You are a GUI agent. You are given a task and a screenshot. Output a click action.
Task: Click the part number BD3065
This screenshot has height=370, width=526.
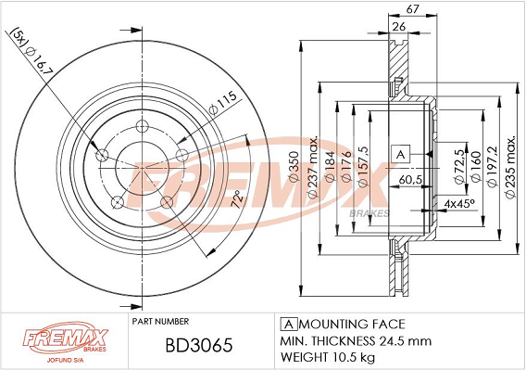pos(199,345)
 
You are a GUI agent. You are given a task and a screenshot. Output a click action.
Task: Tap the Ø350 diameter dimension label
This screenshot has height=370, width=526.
pos(294,167)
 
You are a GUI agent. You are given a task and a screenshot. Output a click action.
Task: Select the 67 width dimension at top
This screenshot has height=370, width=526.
pos(413,9)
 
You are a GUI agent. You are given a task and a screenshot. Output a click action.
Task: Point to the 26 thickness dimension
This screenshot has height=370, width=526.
pos(398,26)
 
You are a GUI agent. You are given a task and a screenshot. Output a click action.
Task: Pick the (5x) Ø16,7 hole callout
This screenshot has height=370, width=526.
pos(31,54)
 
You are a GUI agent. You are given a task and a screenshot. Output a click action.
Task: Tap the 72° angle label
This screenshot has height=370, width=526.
pos(237,199)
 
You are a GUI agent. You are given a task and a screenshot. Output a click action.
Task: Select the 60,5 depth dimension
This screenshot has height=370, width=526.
pos(410,180)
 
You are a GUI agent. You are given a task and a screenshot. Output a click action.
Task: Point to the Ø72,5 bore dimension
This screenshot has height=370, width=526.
pos(459,167)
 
